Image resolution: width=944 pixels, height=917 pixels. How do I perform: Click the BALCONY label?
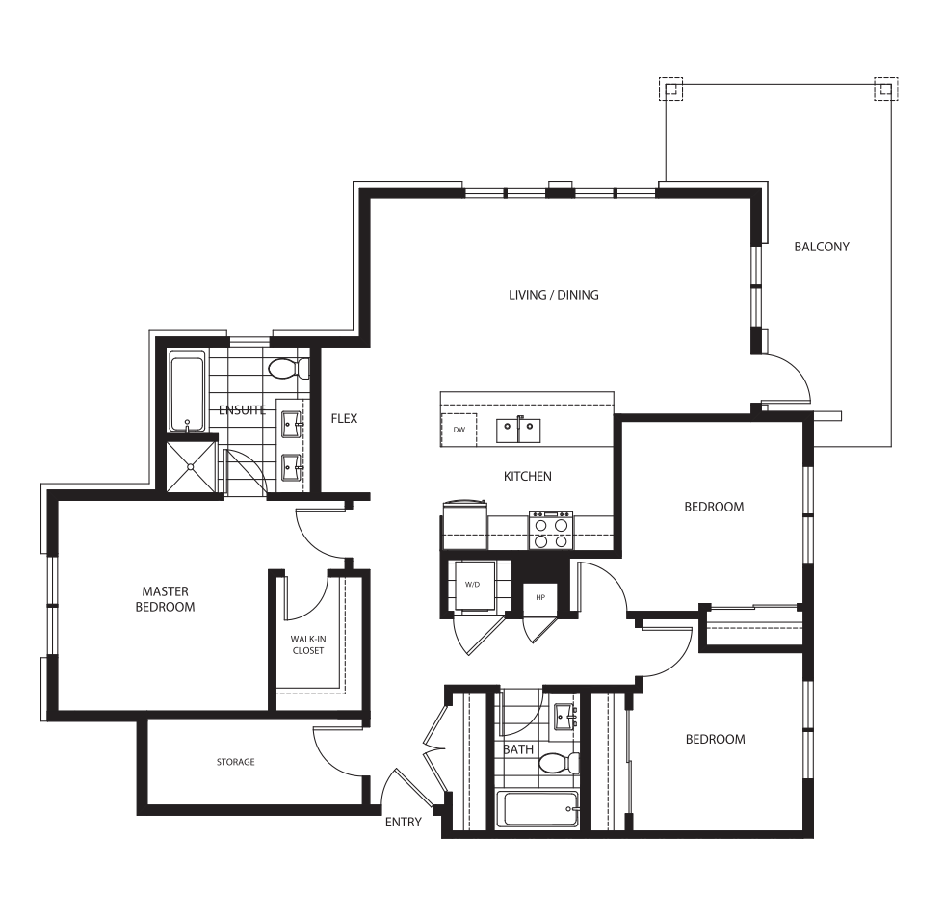pyautogui.click(x=821, y=247)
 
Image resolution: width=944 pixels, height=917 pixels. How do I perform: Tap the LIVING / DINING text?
pyautogui.click(x=553, y=295)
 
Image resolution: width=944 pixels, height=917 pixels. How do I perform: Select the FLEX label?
pyautogui.click(x=344, y=418)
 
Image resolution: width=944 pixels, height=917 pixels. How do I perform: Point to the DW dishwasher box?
pyautogui.click(x=459, y=430)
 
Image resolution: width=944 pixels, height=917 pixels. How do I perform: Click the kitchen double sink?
pyautogui.click(x=518, y=431)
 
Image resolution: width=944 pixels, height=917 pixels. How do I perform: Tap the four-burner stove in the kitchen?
pyautogui.click(x=551, y=530)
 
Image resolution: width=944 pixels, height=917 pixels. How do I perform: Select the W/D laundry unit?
pyautogui.click(x=473, y=586)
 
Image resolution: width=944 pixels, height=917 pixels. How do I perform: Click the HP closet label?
pyautogui.click(x=540, y=598)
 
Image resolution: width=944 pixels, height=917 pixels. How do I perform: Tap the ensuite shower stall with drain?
pyautogui.click(x=191, y=466)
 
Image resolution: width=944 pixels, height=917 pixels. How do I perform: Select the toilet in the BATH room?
pyautogui.click(x=559, y=763)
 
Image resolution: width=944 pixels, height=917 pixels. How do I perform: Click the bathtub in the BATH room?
pyautogui.click(x=541, y=809)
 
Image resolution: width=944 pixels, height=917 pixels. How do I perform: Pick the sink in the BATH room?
pyautogui.click(x=565, y=717)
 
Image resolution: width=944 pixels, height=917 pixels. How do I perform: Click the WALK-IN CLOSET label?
pyautogui.click(x=307, y=644)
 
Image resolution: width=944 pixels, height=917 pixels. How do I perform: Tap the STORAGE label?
pyautogui.click(x=235, y=762)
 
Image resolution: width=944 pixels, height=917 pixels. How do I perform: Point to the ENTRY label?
pyautogui.click(x=404, y=822)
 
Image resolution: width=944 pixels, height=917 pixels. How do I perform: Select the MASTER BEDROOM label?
pyautogui.click(x=165, y=599)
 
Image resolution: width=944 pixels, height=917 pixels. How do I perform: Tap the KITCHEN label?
pyautogui.click(x=528, y=476)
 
